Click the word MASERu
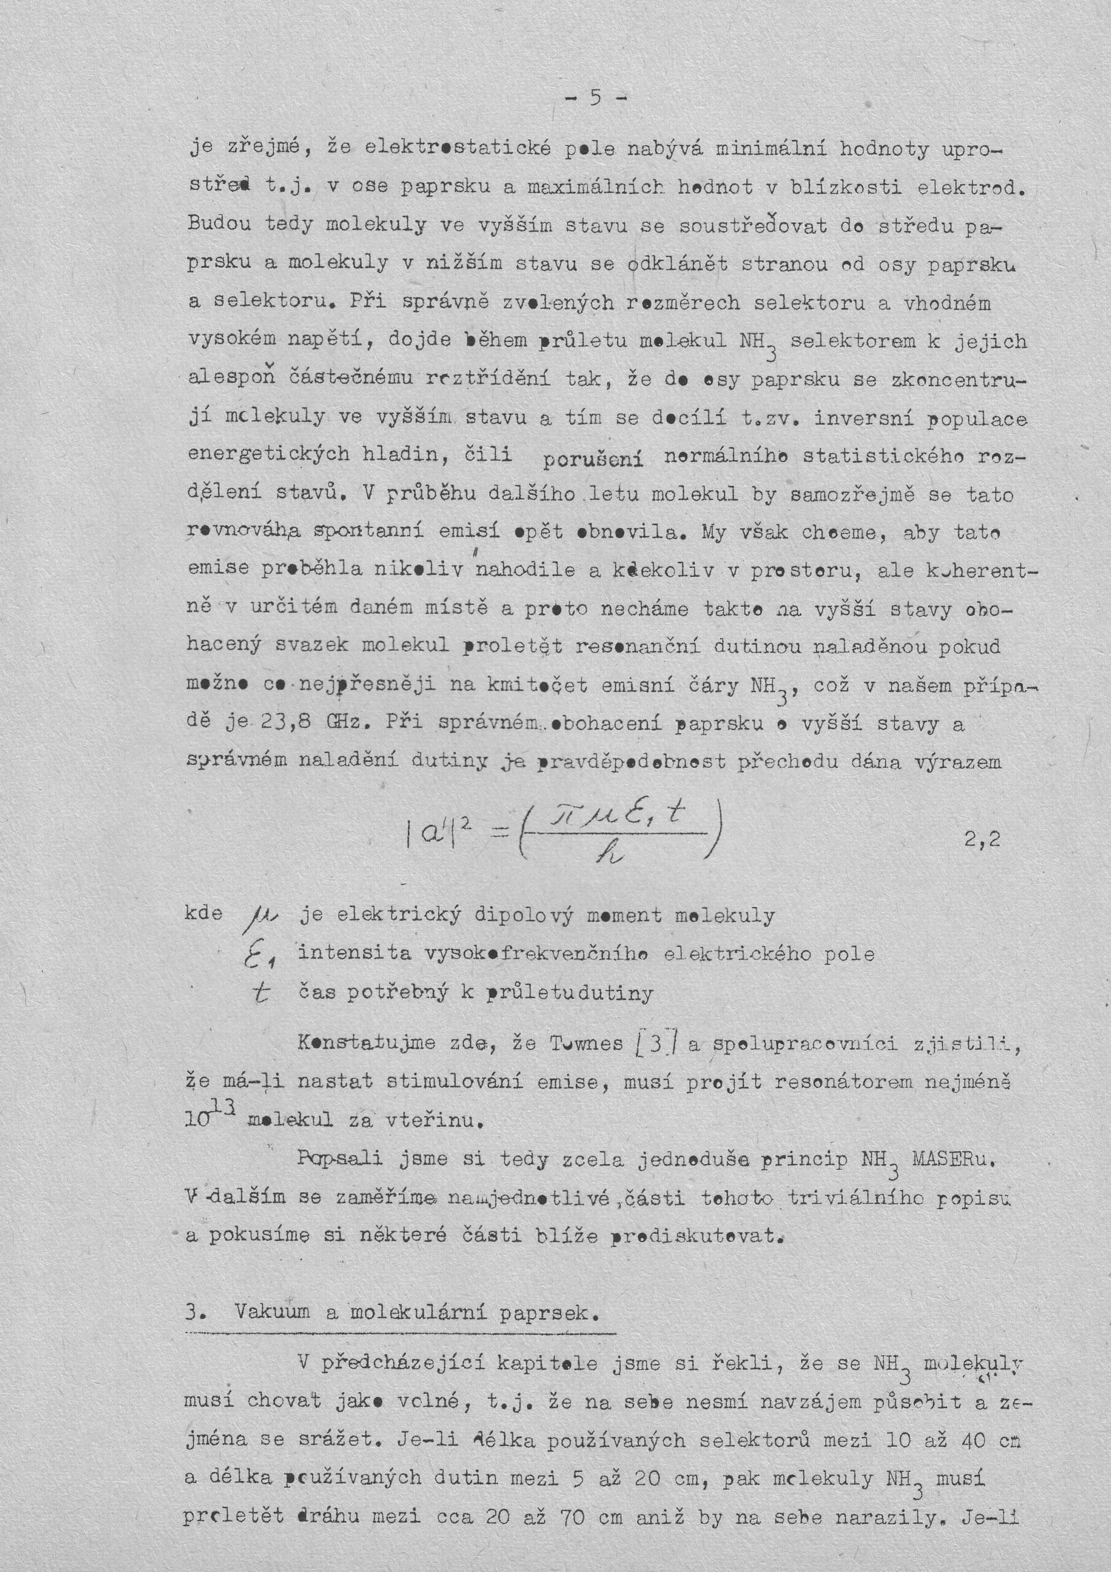pyautogui.click(x=952, y=1159)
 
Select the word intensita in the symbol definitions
pyautogui.click(x=355, y=954)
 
